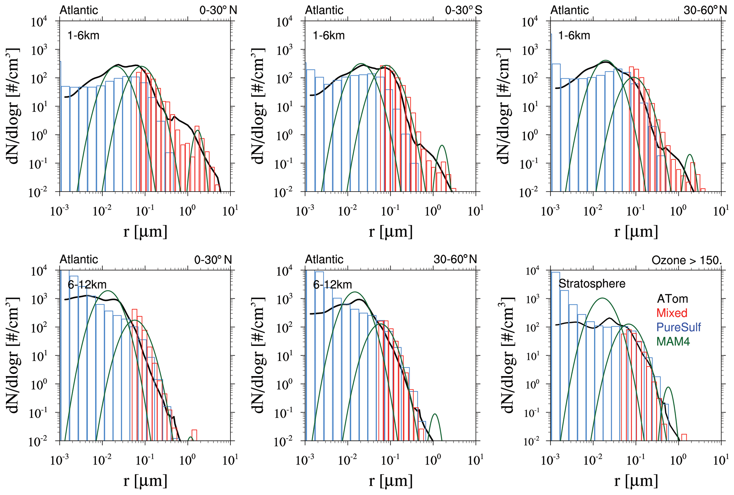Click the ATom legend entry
(672, 299)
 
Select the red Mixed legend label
(672, 313)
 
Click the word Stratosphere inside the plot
(592, 284)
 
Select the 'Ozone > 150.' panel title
(687, 260)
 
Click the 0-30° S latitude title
(463, 10)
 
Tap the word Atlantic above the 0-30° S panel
(324, 10)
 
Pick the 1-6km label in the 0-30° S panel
(328, 35)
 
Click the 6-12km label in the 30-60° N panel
(332, 285)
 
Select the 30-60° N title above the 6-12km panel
(455, 259)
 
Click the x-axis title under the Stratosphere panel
(636, 481)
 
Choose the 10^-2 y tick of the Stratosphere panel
(532, 441)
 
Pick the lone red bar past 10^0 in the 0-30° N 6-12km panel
(194, 435)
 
